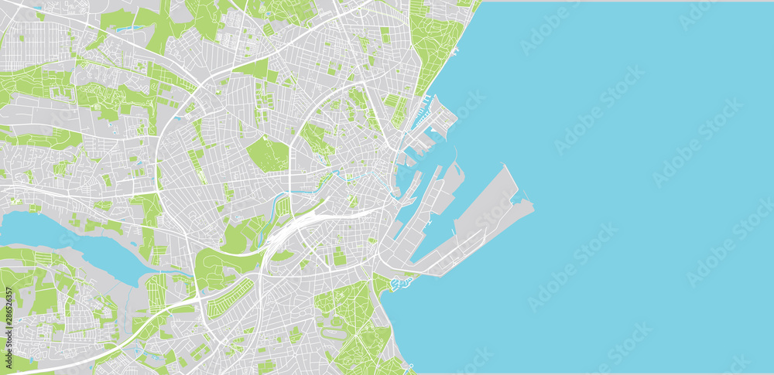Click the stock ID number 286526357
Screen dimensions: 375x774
pos(9,320)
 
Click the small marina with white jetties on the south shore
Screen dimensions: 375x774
pos(401,285)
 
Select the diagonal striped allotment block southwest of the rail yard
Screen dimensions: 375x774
pos(230,298)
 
